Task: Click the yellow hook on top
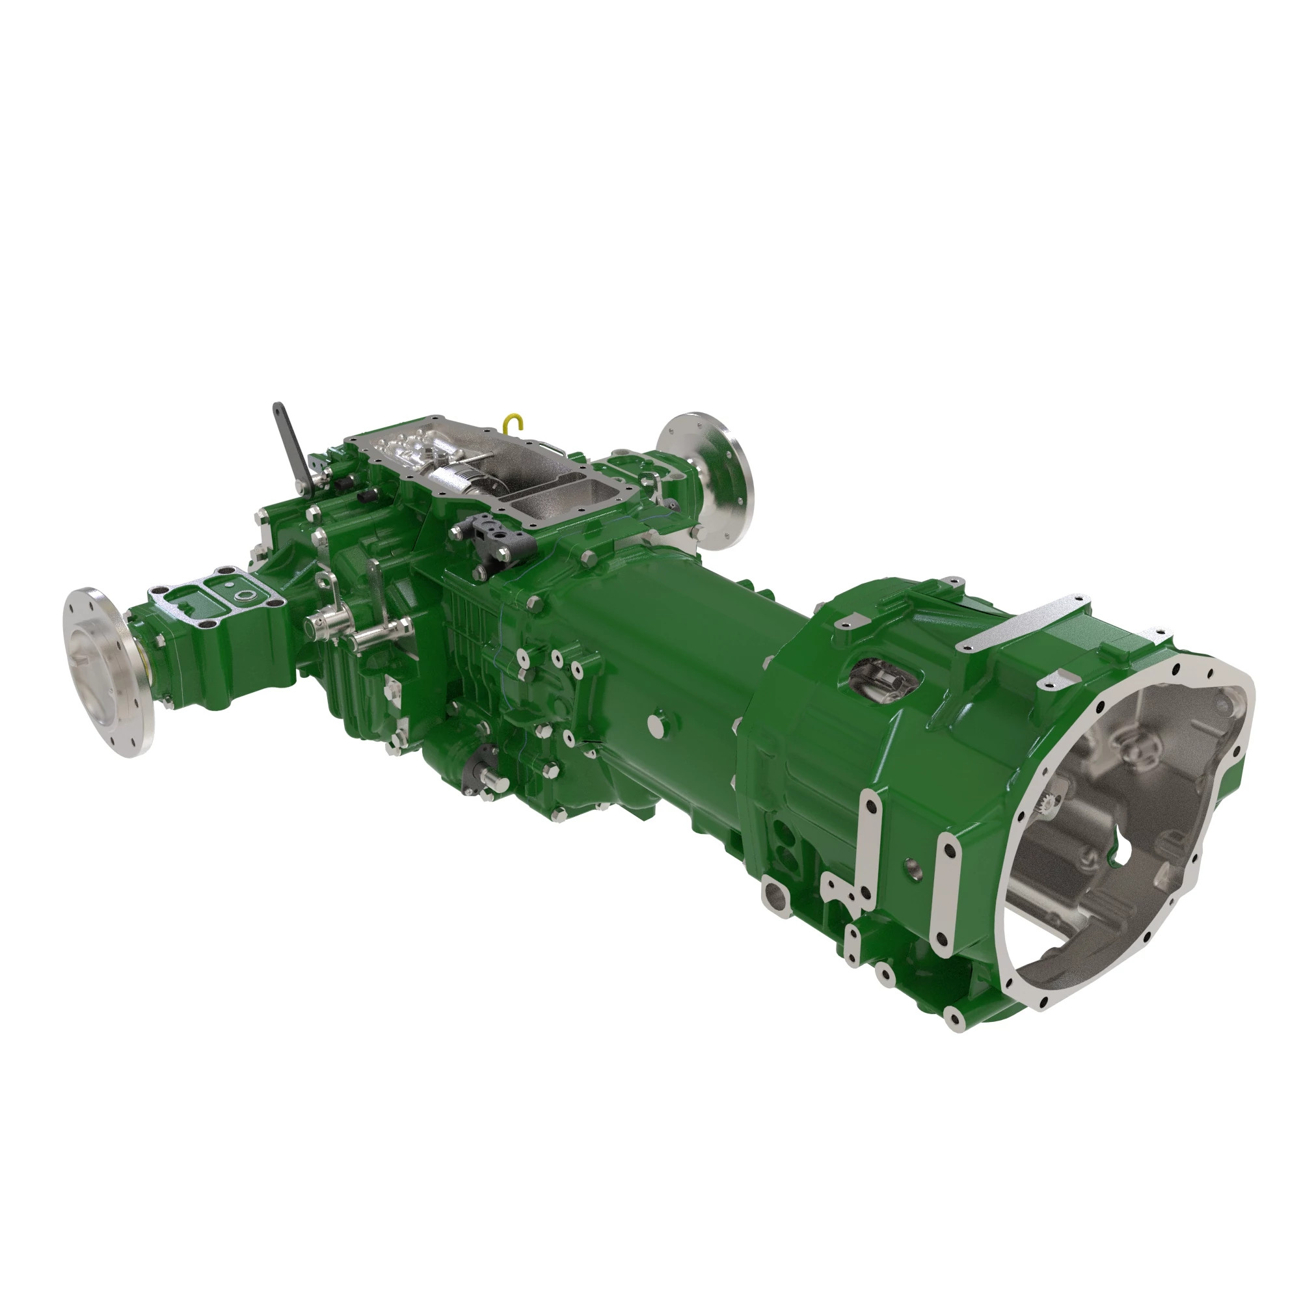pyautogui.click(x=515, y=421)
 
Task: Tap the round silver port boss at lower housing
pyautogui.click(x=773, y=900)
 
